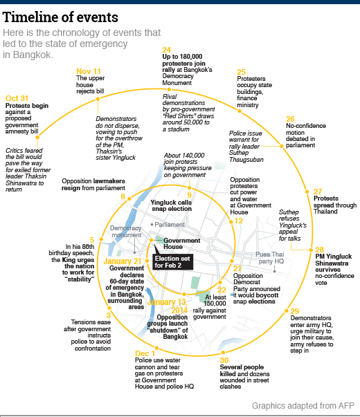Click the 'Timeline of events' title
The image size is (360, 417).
[x=60, y=17]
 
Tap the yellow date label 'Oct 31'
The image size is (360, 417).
[x=17, y=98]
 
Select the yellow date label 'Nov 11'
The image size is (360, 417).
[x=89, y=71]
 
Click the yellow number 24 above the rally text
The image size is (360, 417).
[x=166, y=50]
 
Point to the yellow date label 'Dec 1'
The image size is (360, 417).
[x=145, y=353]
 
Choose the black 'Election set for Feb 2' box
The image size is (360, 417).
[x=172, y=262]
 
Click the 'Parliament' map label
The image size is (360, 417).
[x=170, y=225]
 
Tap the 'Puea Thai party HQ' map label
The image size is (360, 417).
[x=270, y=258]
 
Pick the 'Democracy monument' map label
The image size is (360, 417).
[x=126, y=232]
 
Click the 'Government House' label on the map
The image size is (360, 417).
[x=181, y=243]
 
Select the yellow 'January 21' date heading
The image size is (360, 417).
[x=123, y=261]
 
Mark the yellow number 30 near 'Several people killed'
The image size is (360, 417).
[x=224, y=360]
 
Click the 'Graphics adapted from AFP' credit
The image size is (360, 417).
[x=303, y=406]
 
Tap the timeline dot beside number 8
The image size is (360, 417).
[x=129, y=198]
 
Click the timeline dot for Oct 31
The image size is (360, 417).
[x=37, y=137]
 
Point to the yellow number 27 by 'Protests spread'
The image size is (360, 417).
[x=318, y=192]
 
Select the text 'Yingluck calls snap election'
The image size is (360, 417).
[x=171, y=205]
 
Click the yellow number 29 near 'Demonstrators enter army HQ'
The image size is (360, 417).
[x=295, y=311]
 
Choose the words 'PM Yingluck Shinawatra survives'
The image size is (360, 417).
[x=334, y=263]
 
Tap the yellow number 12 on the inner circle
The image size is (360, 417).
[x=239, y=221]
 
